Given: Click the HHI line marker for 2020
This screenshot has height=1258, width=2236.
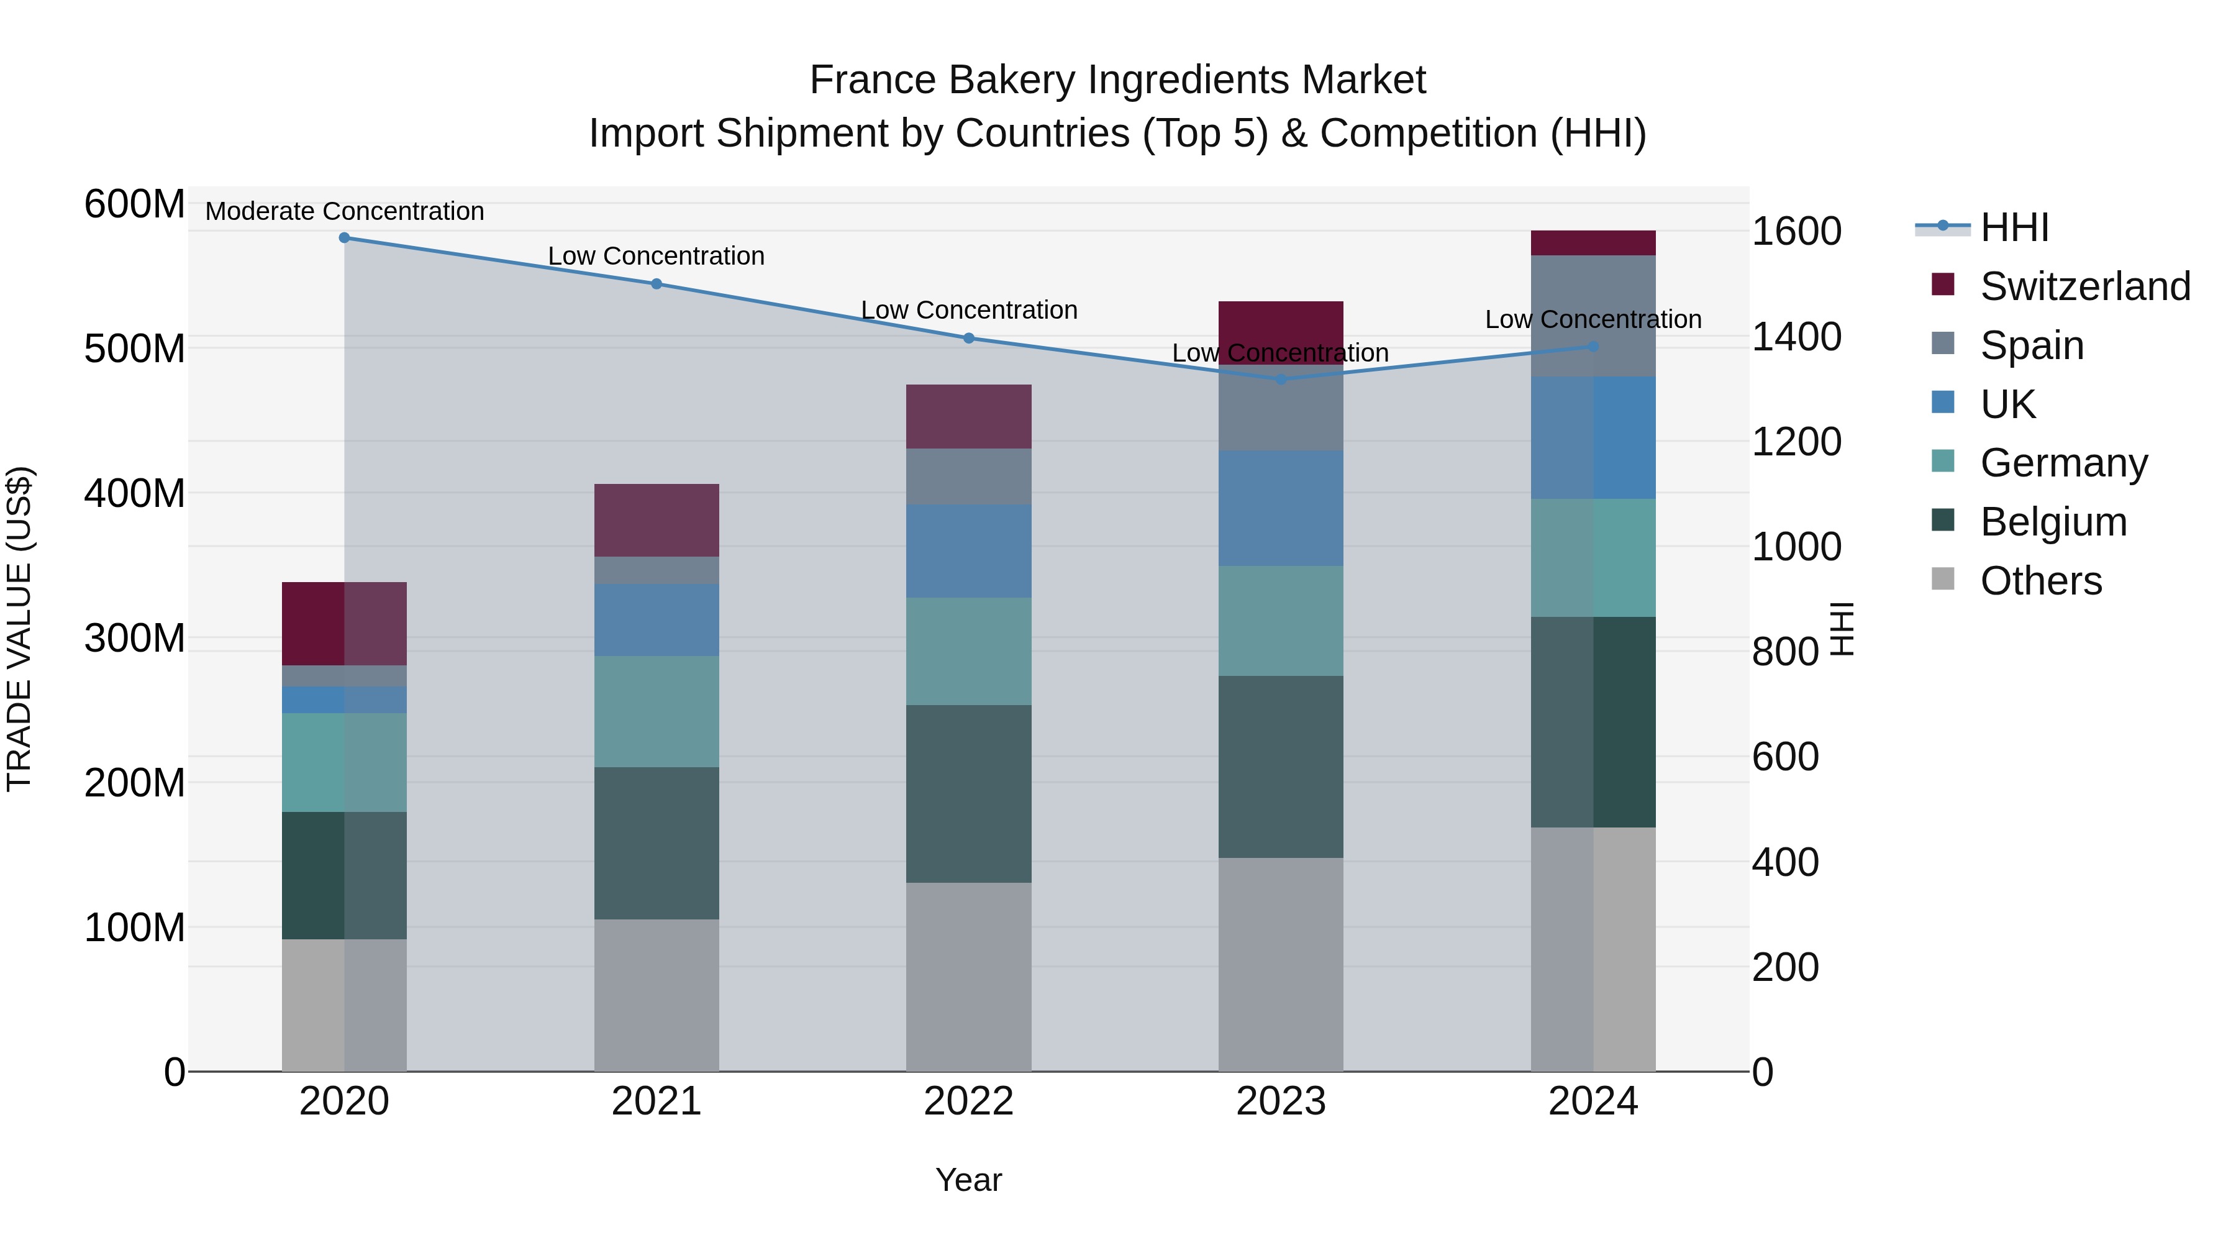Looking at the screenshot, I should [x=345, y=237].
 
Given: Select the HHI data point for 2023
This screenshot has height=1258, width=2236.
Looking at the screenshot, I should [x=1281, y=380].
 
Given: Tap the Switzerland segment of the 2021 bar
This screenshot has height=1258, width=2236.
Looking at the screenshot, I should [x=657, y=520].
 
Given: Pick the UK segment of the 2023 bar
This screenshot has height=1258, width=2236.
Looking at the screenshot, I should [x=1281, y=508].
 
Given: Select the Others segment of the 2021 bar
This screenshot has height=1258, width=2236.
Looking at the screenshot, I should [x=657, y=995].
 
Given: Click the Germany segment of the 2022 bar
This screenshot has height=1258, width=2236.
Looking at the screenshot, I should [x=969, y=651].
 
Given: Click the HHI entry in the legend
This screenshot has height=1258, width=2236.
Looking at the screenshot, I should [x=2014, y=227].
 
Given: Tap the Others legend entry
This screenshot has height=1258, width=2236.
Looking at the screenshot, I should [x=2040, y=581].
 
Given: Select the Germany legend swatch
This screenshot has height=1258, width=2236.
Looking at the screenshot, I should [x=1943, y=462].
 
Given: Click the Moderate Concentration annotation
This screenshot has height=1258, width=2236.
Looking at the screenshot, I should [x=345, y=211].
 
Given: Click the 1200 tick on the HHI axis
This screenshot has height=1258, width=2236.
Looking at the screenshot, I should [x=1796, y=441].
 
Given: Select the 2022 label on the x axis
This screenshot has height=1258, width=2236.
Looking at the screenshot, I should [x=969, y=1101].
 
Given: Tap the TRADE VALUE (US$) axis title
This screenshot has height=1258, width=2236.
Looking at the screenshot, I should [x=19, y=629].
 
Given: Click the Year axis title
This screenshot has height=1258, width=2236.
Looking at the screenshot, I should [x=969, y=1180].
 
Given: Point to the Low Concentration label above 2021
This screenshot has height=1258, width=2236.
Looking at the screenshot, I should [x=657, y=256].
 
